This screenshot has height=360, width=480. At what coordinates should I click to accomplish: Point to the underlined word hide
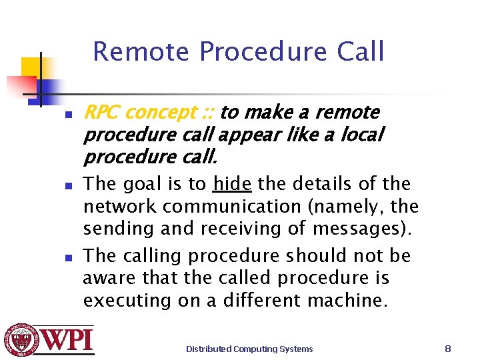point(232,183)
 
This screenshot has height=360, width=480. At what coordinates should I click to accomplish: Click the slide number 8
point(448,348)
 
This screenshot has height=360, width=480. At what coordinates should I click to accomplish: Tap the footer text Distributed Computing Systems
point(249,349)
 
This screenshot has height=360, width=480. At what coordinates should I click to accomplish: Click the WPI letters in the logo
point(69,340)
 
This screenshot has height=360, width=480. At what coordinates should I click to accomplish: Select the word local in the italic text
point(361,135)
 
